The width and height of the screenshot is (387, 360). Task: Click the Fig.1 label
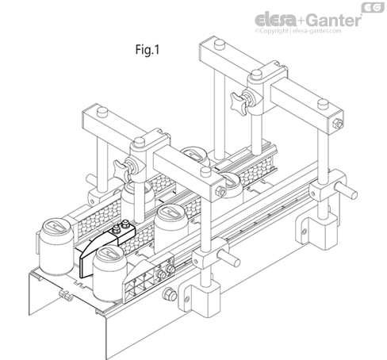[148, 49]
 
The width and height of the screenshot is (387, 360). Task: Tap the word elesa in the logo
[276, 20]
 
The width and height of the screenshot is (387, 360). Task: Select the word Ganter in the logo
[334, 20]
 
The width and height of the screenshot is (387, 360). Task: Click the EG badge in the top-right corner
[373, 7]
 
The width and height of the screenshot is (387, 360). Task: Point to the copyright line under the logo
[298, 31]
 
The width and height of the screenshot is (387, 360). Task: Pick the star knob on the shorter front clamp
[121, 167]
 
